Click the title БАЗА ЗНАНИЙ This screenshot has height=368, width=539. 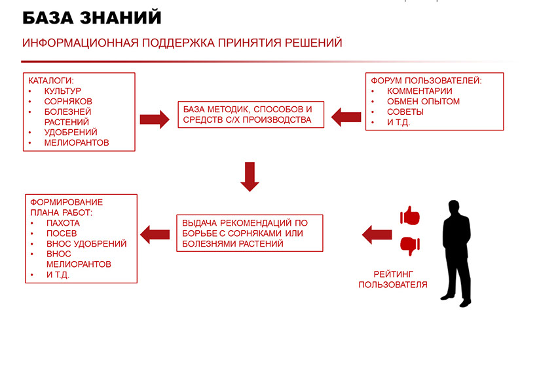92,18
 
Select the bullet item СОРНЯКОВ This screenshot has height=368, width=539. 68,102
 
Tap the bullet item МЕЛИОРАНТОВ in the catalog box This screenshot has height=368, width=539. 77,142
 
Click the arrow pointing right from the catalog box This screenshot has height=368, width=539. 155,119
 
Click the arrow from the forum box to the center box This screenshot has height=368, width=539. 346,117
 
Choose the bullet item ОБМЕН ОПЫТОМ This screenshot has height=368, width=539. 423,102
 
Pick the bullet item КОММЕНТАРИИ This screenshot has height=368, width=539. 420,91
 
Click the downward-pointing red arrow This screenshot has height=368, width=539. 251,176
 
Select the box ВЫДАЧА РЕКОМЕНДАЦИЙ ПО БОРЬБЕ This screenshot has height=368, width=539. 250,233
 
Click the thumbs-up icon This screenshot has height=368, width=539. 409,216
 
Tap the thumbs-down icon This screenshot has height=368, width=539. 409,246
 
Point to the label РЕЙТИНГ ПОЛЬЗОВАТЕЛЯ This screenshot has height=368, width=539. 393,279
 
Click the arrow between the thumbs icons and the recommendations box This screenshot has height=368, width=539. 377,233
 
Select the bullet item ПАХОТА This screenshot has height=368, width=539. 63,223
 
